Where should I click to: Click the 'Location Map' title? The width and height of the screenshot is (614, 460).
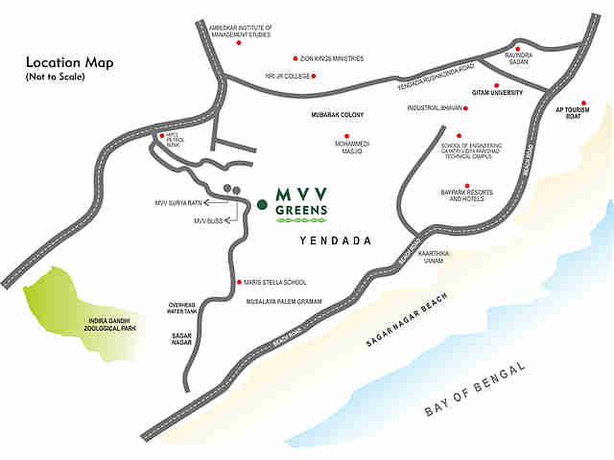70,63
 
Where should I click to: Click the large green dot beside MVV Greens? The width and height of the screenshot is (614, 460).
261,203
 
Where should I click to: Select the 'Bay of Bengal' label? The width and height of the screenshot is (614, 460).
477,390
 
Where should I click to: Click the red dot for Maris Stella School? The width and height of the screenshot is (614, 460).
239,283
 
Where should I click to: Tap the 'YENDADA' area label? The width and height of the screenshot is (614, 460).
335,241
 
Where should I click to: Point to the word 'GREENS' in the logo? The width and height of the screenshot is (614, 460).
301,209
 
